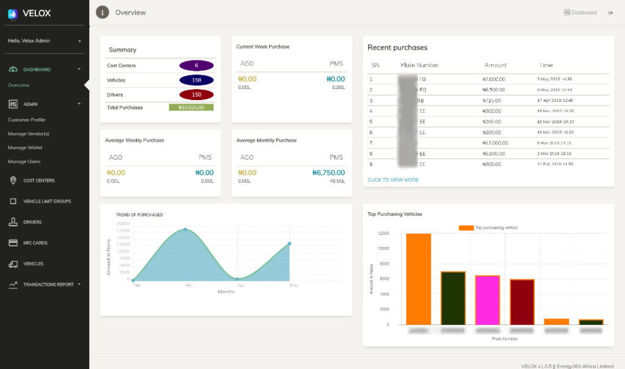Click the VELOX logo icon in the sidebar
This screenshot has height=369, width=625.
coord(13,13)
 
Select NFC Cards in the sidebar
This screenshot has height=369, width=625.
coord(35,243)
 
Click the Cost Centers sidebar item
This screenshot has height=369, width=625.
coord(38,181)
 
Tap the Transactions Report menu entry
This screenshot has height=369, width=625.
coord(48,284)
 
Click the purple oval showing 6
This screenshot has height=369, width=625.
coord(196,65)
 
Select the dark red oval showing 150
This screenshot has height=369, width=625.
coord(196,95)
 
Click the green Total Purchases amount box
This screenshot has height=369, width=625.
coord(191,107)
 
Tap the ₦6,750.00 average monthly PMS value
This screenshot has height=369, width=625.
coord(328,173)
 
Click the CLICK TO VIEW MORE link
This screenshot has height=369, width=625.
coord(393,180)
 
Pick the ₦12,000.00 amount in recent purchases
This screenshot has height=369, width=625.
coord(495,142)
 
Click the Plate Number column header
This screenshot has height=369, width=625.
coord(419,65)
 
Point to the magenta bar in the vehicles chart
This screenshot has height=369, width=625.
coord(487,299)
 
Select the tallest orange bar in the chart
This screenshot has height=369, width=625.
coord(418,279)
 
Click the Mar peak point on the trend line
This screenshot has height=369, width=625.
coord(186,229)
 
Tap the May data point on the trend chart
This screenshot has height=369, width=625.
coord(289,243)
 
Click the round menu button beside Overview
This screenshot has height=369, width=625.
coord(103,12)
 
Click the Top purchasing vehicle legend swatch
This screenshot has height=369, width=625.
coord(466,227)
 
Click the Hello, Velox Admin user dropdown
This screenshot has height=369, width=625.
coord(44,41)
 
